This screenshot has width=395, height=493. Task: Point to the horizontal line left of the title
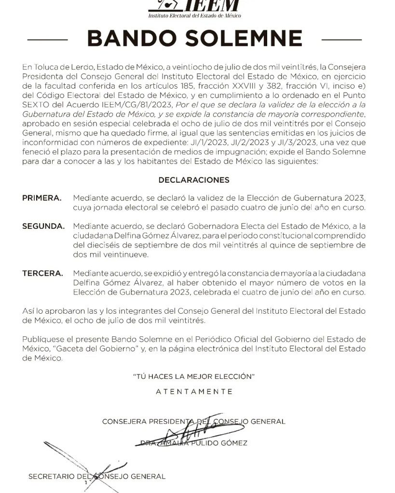pos(48,39)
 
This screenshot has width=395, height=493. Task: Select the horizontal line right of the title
pos(341,39)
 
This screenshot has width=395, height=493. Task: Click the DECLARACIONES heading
pos(194,180)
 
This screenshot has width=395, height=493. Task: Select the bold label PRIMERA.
pos(42,198)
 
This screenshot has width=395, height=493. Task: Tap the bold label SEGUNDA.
pos(43,227)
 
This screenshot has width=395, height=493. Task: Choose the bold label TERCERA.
pos(42,273)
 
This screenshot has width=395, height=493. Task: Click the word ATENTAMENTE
pos(194,391)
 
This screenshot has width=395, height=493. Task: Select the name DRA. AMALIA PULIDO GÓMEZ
pos(194,443)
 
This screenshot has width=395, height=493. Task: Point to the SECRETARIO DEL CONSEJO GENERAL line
pos(97,476)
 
